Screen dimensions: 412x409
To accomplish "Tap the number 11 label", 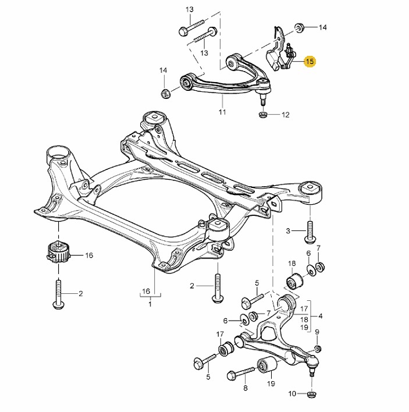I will [x=222, y=112].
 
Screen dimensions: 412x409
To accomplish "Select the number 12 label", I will [x=285, y=115].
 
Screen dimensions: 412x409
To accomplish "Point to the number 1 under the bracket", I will [x=150, y=304].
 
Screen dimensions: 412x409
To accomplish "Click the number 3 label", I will [x=287, y=232].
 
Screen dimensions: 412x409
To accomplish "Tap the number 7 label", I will [x=318, y=249].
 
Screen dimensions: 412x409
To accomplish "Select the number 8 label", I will [x=245, y=388].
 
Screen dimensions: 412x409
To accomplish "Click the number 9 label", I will [x=317, y=332].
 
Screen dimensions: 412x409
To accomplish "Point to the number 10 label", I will [x=291, y=394].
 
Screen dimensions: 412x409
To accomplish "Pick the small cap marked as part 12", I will [x=262, y=115].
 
